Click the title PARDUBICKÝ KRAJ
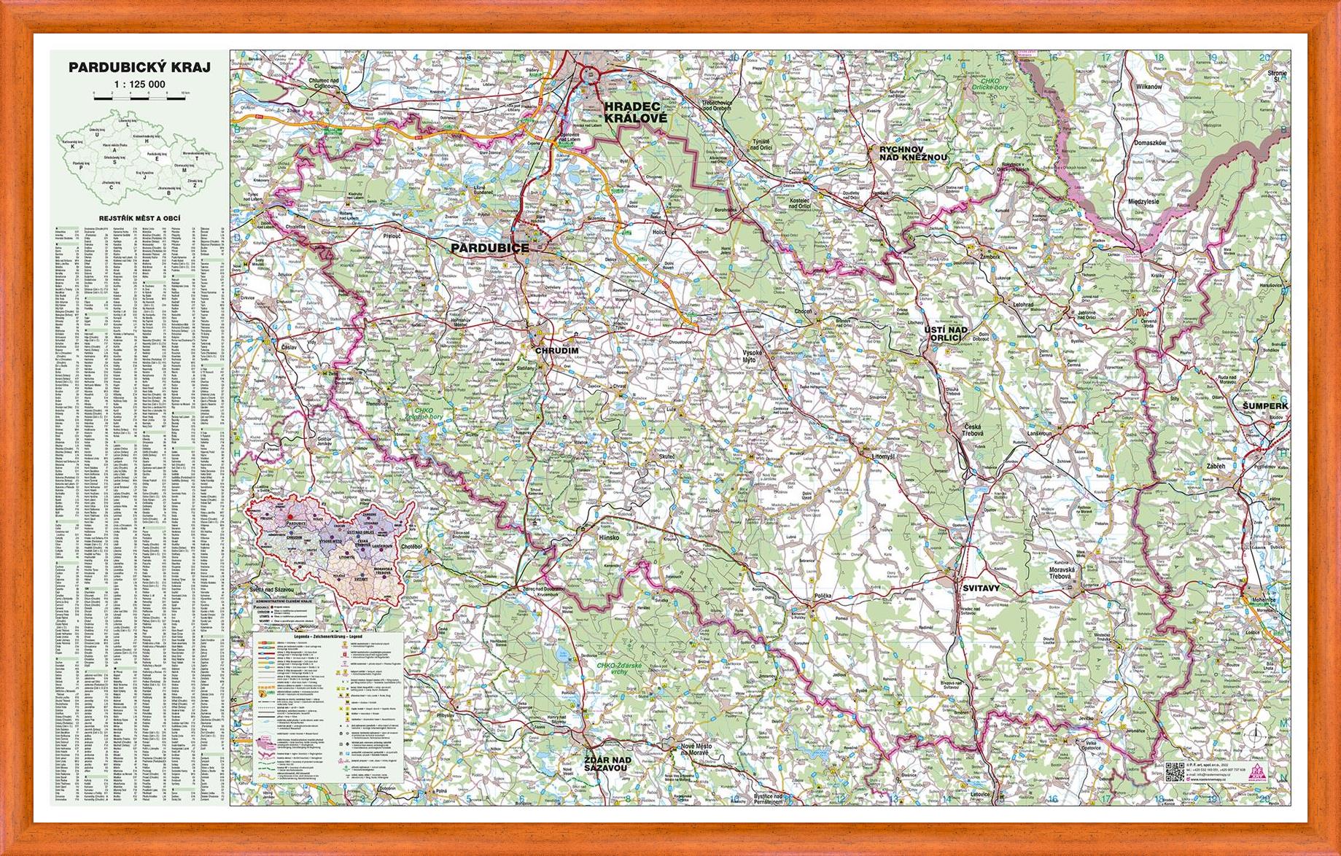(139, 68)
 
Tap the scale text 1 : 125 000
(139, 85)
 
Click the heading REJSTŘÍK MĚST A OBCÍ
(139, 219)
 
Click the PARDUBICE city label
(489, 248)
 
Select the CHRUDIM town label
(556, 351)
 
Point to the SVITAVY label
(979, 587)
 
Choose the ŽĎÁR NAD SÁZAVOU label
(607, 763)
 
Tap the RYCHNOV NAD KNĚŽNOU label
(913, 152)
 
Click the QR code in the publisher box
(1173, 771)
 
